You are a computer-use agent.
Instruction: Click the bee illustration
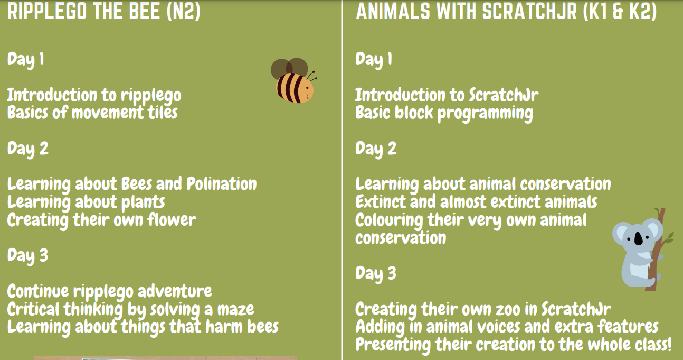pyautogui.click(x=293, y=80)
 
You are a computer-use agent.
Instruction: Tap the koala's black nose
pyautogui.click(x=639, y=238)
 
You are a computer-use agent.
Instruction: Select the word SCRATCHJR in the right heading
pyautogui.click(x=529, y=11)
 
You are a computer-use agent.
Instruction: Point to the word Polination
pyautogui.click(x=222, y=184)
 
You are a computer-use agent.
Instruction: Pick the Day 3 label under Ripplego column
pyautogui.click(x=27, y=256)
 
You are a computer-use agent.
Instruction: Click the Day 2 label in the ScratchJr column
pyautogui.click(x=376, y=149)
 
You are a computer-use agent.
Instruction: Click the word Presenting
pyautogui.click(x=393, y=345)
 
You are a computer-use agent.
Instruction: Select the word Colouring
pyautogui.click(x=389, y=220)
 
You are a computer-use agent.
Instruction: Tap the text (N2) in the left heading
pyautogui.click(x=184, y=11)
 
